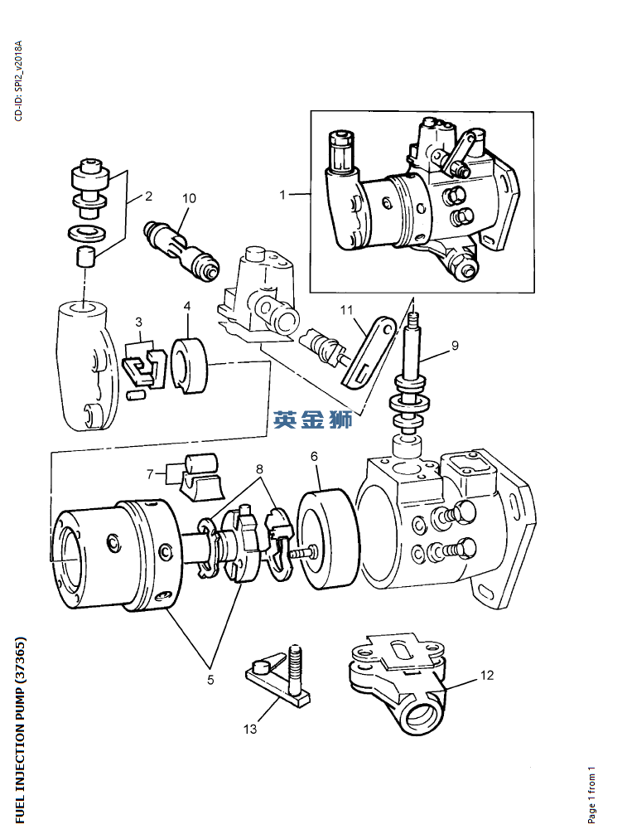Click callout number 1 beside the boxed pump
tap(282, 195)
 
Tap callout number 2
tap(148, 196)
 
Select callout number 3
tap(138, 321)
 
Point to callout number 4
tap(187, 306)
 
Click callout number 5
tap(210, 679)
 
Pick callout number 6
tap(315, 456)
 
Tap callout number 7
tap(150, 474)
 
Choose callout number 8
tap(260, 468)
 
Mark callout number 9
tap(455, 343)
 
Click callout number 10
tap(189, 198)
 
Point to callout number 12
tap(487, 676)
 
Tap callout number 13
tap(250, 729)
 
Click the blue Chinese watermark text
tap(313, 420)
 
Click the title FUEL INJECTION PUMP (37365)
tap(22, 730)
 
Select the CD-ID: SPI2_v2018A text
tap(19, 80)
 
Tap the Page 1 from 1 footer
tap(591, 793)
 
